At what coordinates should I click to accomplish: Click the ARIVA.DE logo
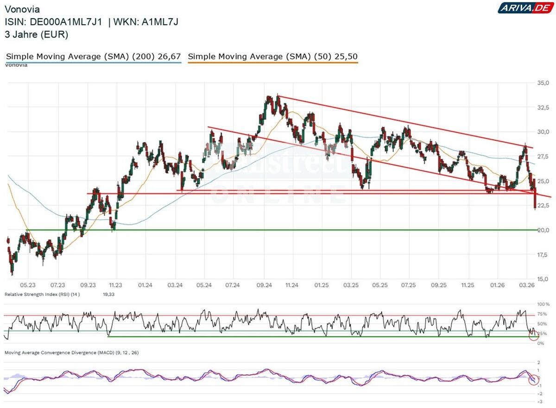[x=526, y=8]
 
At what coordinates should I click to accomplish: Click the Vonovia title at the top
[x=22, y=9]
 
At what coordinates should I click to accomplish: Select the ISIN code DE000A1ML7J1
[x=66, y=22]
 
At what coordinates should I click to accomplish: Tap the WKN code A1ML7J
[x=160, y=22]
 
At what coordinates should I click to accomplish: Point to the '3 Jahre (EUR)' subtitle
[x=36, y=34]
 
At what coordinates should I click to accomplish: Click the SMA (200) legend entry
[x=93, y=56]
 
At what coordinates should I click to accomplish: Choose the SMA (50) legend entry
[x=273, y=56]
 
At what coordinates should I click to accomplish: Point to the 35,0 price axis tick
[x=543, y=83]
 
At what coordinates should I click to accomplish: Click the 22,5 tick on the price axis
[x=543, y=205]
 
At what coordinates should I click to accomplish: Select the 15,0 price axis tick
[x=543, y=279]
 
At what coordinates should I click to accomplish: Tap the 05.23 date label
[x=28, y=285]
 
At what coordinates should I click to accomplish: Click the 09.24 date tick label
[x=264, y=285]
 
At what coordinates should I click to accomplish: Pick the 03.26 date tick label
[x=527, y=285]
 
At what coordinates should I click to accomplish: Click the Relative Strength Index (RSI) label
[x=42, y=295]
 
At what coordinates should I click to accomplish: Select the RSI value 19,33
[x=108, y=295]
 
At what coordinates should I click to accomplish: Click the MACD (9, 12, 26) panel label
[x=71, y=353]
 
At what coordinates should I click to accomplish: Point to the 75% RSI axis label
[x=542, y=314]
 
